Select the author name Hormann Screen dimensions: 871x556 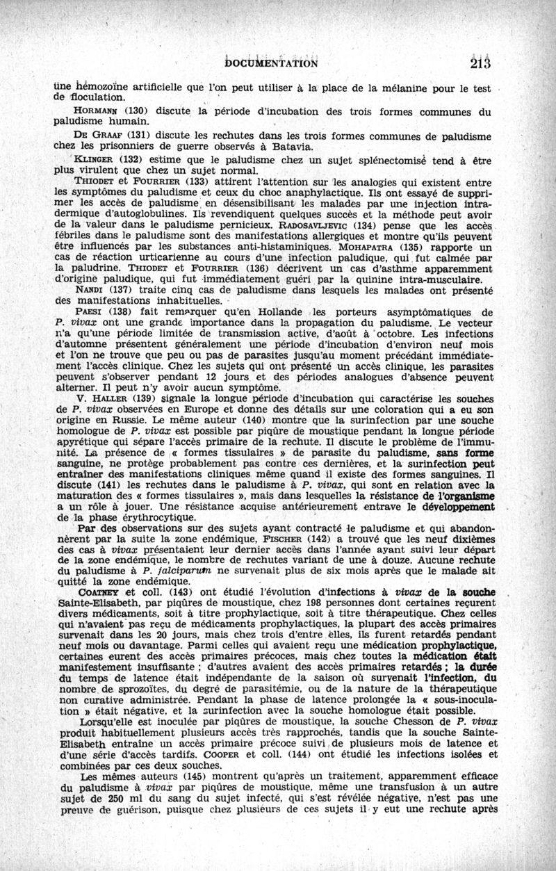coord(97,112)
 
